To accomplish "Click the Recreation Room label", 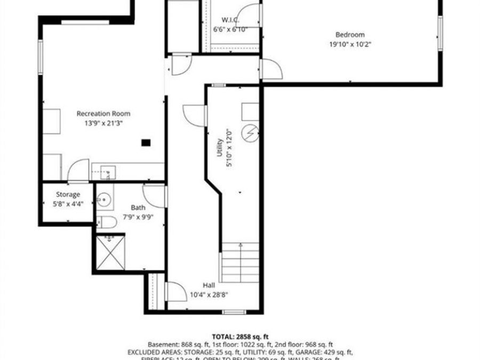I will (103, 114).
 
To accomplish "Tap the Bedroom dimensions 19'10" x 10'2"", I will (350, 45).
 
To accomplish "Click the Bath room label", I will (138, 207).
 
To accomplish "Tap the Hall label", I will (209, 285).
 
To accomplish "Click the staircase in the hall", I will (241, 263).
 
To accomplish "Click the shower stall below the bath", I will (110, 252).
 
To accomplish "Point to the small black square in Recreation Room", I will (146, 142).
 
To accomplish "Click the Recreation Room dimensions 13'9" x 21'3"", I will (103, 123).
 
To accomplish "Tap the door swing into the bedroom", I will (270, 69).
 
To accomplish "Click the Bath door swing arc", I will (154, 195).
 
